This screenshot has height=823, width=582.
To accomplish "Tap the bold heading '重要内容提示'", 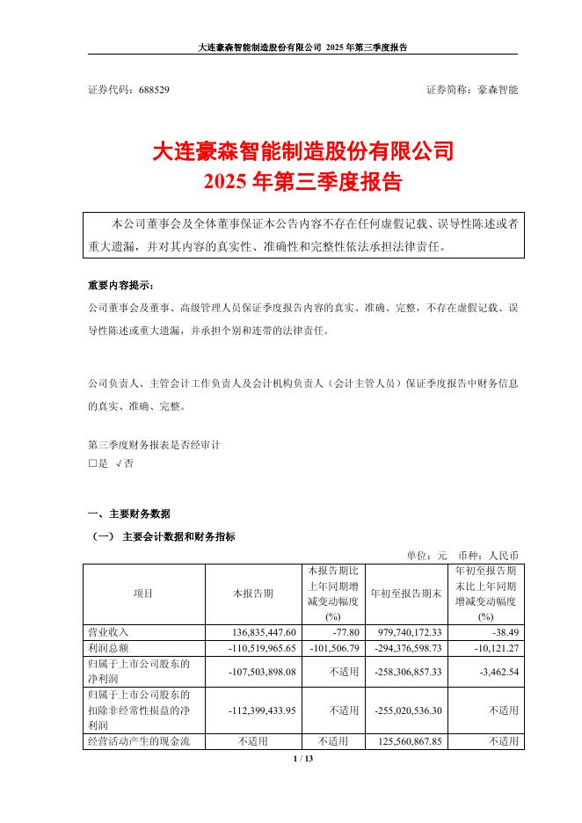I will click(x=120, y=286).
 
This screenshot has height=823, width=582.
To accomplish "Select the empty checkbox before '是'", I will click(x=92, y=463).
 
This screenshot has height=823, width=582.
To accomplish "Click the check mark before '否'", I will click(x=119, y=463).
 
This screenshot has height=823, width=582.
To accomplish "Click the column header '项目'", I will click(x=143, y=594).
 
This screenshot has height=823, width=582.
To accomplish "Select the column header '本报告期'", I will click(x=253, y=594).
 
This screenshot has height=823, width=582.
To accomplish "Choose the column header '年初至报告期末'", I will click(x=406, y=594).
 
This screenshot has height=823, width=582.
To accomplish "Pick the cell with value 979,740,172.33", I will click(x=405, y=632).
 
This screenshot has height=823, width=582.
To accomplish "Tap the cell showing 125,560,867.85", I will click(x=405, y=741).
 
